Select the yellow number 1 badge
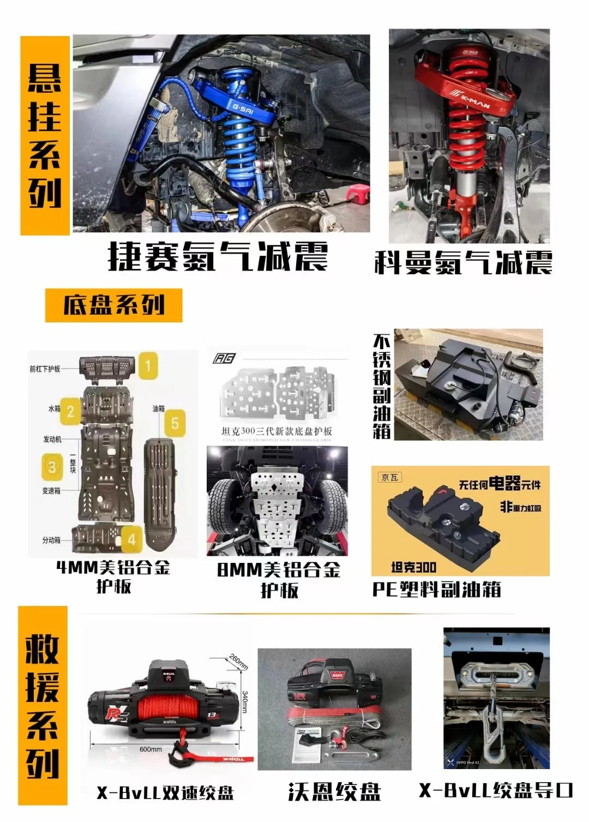(x=147, y=365)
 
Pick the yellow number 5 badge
(x=175, y=423)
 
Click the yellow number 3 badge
(x=52, y=467)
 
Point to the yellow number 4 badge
(x=131, y=539)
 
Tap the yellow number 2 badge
(x=70, y=411)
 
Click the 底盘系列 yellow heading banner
(x=113, y=305)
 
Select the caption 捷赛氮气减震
(x=218, y=256)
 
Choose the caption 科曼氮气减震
(x=463, y=262)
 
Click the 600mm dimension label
(x=151, y=749)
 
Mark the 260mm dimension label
(x=238, y=661)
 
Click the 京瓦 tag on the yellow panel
(x=390, y=477)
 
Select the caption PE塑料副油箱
(x=436, y=589)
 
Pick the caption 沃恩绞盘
(x=334, y=792)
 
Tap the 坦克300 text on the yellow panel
(x=413, y=567)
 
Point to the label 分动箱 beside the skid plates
(x=51, y=540)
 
